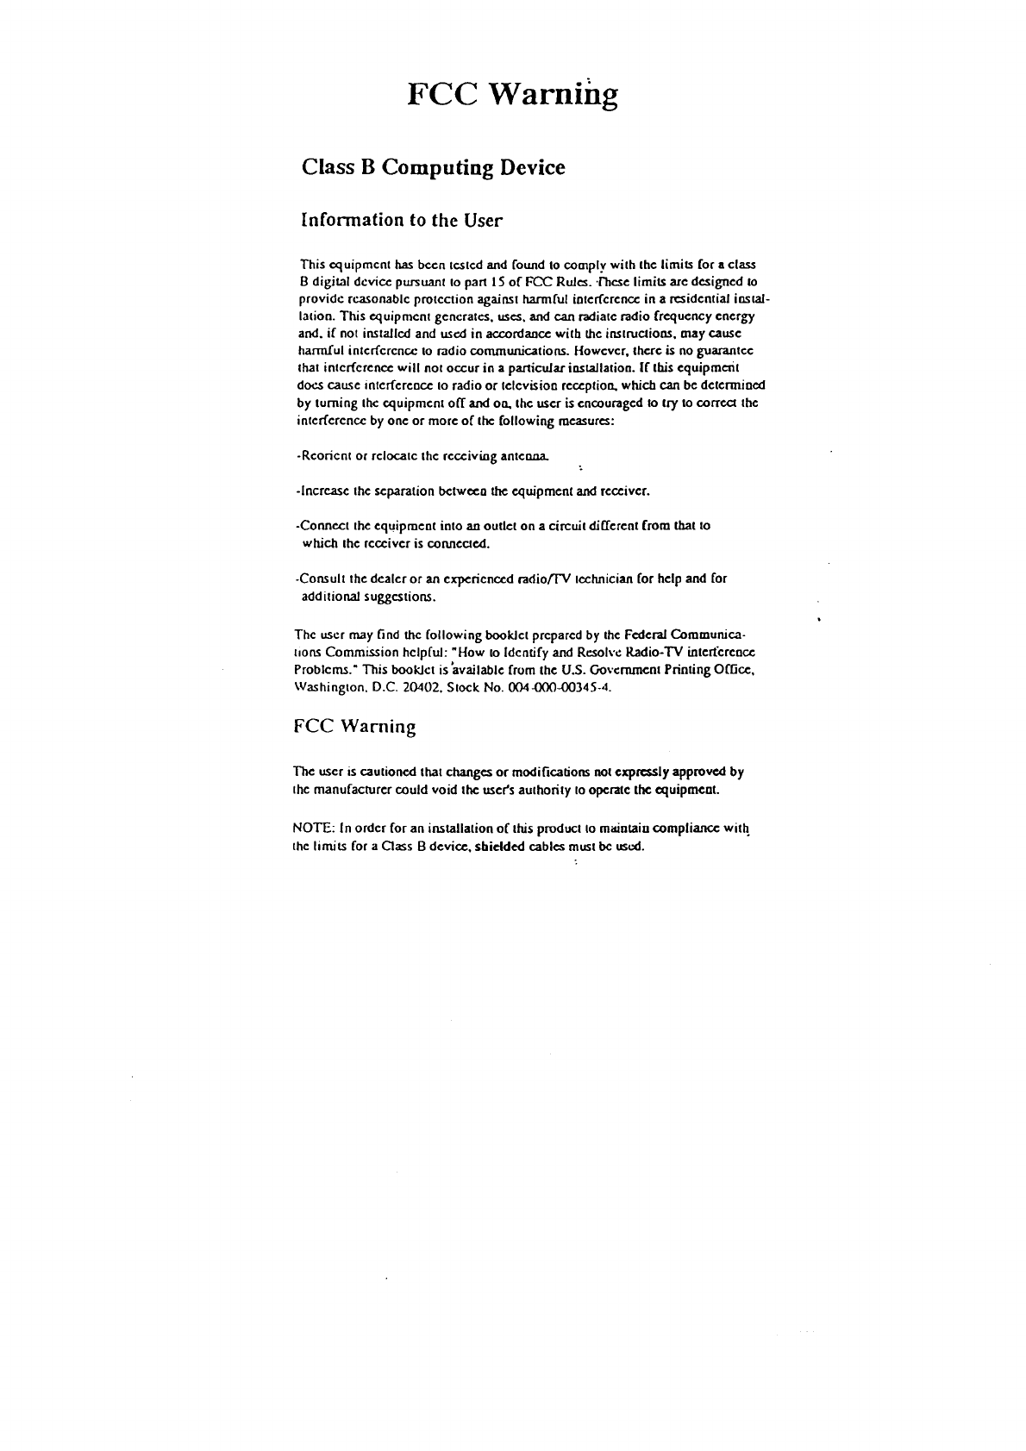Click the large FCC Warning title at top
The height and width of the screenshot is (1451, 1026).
pyautogui.click(x=512, y=95)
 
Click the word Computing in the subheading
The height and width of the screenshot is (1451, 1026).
pyautogui.click(x=437, y=167)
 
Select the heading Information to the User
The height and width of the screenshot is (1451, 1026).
pyautogui.click(x=400, y=220)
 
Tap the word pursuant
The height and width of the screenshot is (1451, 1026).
pyautogui.click(x=420, y=282)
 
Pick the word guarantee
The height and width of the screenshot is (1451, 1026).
pyautogui.click(x=726, y=352)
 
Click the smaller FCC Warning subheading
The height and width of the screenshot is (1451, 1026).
pyautogui.click(x=354, y=726)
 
